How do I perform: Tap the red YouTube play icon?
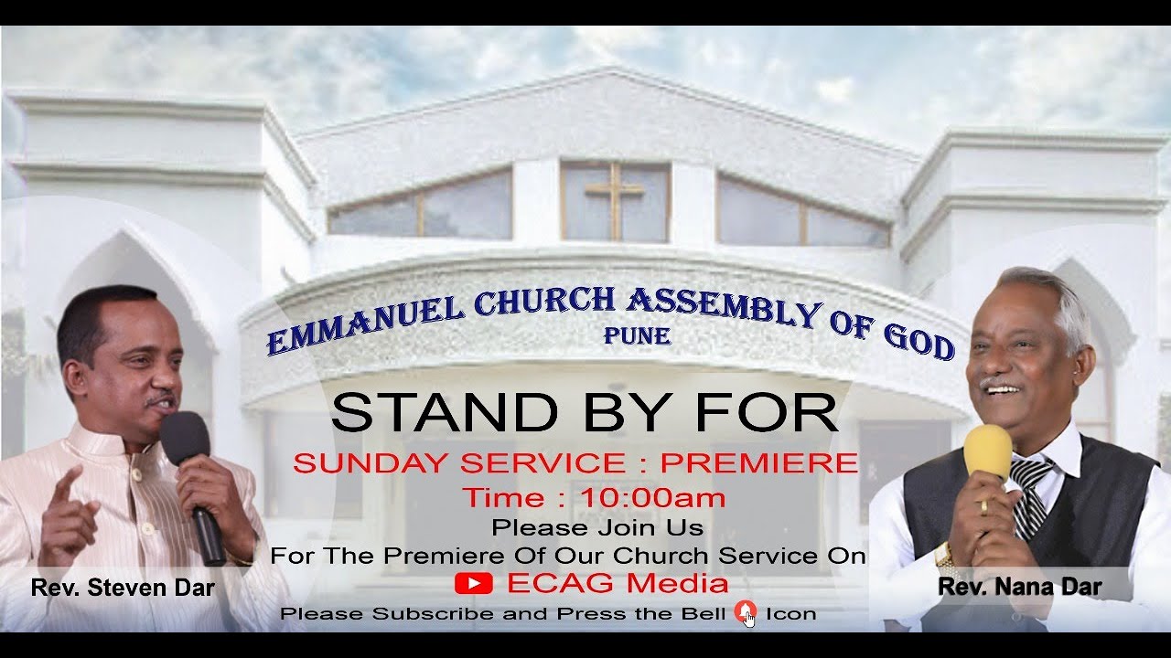point(473,583)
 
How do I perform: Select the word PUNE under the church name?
point(637,336)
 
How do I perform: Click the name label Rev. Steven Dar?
point(123,588)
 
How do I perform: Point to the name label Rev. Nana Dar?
point(1020,587)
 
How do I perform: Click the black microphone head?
point(185,437)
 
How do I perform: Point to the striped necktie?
point(1031,498)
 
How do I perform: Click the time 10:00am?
point(653,498)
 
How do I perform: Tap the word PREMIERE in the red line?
point(759,462)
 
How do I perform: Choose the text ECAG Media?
point(618,583)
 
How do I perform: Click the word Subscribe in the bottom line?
point(434,613)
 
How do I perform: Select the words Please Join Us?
point(596,527)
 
